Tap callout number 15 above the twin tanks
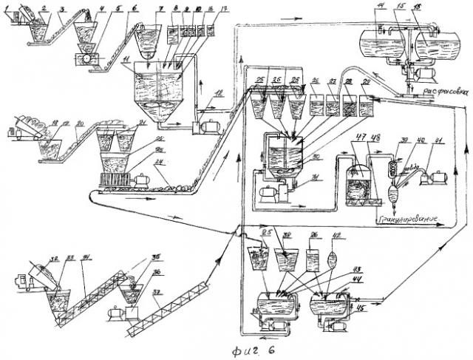[402, 6]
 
